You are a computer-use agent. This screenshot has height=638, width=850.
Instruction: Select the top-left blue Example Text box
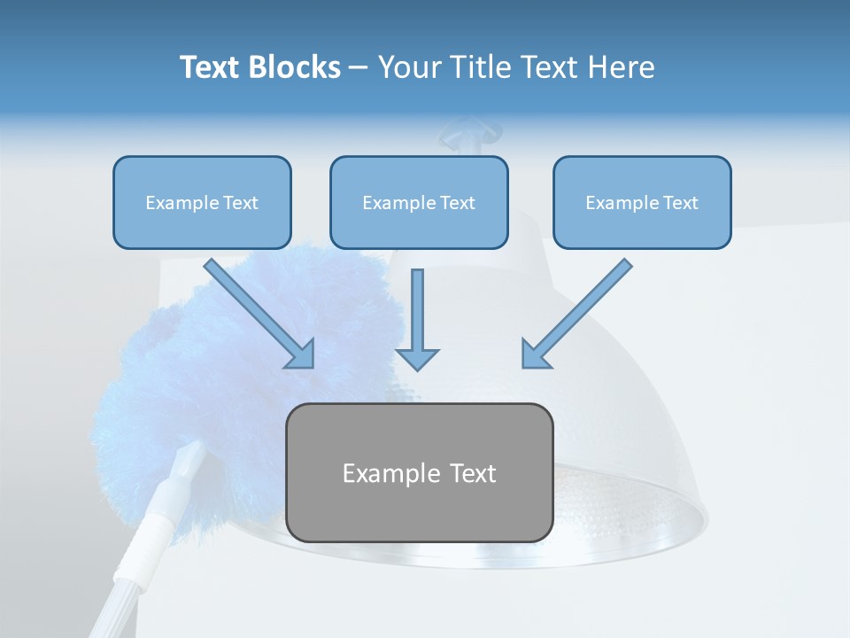point(202,203)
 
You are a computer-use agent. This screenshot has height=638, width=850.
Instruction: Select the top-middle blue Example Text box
point(419,203)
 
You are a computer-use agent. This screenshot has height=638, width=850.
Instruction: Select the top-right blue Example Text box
point(642,203)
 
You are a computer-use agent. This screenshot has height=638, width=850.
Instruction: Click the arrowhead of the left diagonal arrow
point(302,354)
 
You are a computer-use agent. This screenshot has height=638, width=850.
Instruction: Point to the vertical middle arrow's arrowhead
point(417,359)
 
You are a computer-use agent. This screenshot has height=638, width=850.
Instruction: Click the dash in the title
point(359,67)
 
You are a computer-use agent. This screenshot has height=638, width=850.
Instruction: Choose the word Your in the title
point(409,67)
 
